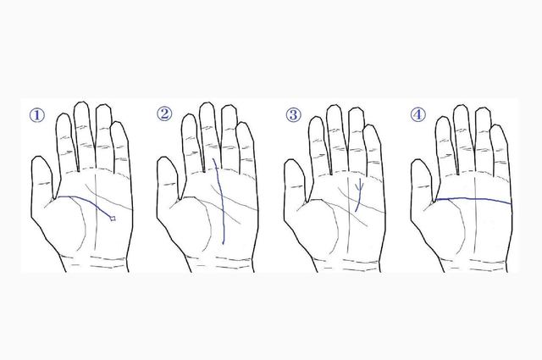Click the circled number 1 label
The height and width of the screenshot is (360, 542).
click(x=37, y=115)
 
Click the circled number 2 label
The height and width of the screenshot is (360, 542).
click(x=164, y=114)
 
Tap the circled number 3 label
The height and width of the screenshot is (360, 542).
click(x=294, y=114)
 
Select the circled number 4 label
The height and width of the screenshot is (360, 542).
click(x=418, y=114)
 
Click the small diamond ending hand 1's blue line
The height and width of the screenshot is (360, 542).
click(x=113, y=219)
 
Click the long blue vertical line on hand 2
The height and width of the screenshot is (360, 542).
click(x=221, y=202)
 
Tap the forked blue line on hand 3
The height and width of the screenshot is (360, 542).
click(x=359, y=196)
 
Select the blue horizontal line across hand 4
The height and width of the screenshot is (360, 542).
click(x=473, y=199)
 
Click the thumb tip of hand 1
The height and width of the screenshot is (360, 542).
click(x=39, y=158)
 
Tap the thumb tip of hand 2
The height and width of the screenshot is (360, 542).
click(x=165, y=158)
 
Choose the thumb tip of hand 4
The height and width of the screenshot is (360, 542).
click(x=419, y=160)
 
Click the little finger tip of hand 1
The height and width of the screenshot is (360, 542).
click(x=118, y=123)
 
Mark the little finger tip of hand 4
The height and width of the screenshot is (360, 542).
click(x=498, y=126)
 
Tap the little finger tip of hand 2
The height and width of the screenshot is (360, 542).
click(x=243, y=123)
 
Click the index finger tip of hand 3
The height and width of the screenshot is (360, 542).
click(x=316, y=117)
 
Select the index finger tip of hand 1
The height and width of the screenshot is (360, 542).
click(x=64, y=114)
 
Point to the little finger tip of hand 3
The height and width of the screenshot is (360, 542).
click(x=371, y=126)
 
